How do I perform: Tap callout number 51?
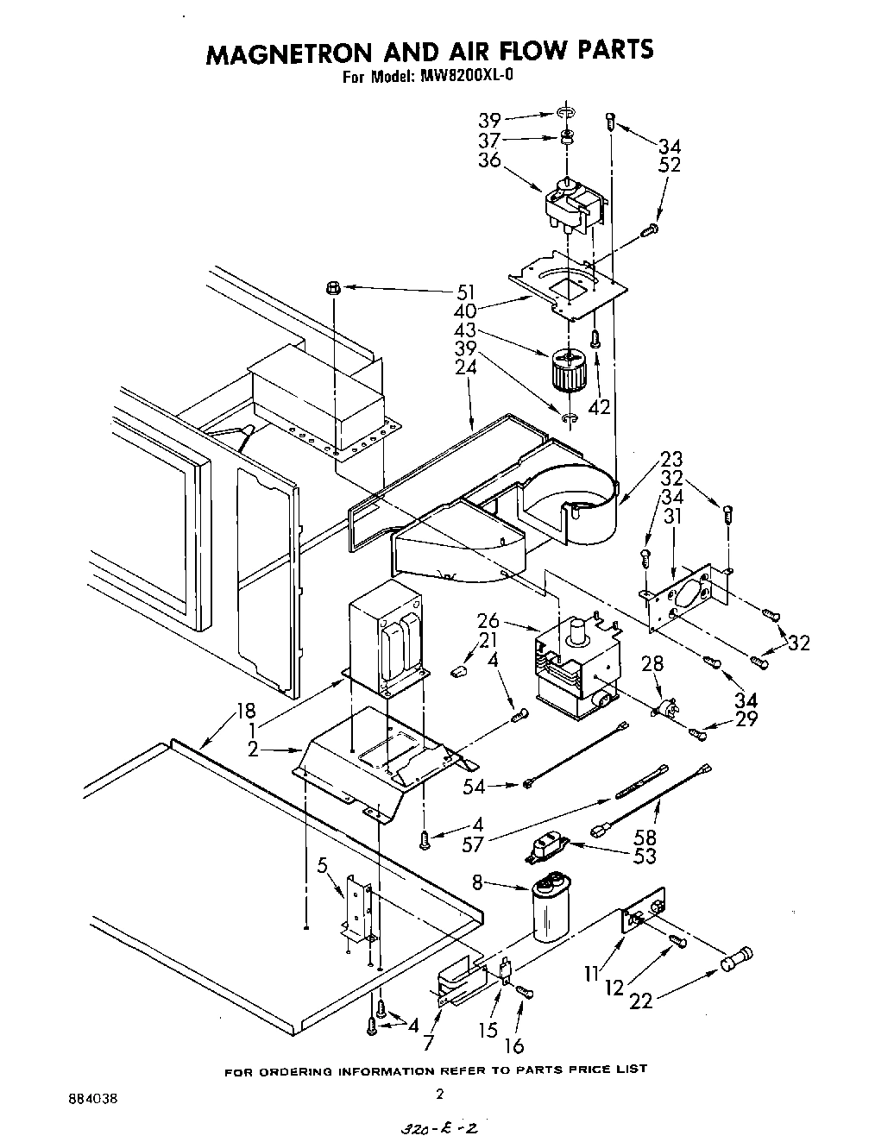coord(466,292)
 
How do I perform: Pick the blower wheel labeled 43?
coord(568,368)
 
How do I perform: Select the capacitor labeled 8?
coord(548,909)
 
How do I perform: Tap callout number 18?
coord(247,711)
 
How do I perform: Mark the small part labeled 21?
coord(460,668)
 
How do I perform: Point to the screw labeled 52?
coord(652,229)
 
